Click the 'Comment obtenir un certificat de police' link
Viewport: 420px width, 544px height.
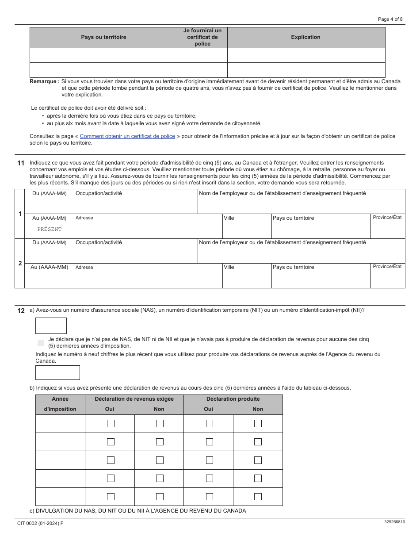pos(127,136)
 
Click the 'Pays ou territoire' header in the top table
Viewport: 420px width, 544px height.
pos(103,37)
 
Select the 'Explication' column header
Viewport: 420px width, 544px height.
pos(305,37)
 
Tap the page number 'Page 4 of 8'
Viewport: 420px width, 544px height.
pos(390,19)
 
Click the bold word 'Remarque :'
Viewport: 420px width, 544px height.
pos(44,81)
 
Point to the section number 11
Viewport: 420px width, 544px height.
pos(21,163)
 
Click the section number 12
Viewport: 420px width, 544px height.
pos(21,310)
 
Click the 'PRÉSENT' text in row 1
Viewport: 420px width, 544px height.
pos(50,229)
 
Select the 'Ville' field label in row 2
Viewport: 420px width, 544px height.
pos(229,267)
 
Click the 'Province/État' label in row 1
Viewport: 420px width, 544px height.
pos(387,217)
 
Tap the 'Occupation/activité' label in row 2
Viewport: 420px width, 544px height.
pos(99,242)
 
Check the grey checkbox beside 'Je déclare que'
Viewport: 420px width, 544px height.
pos(41,342)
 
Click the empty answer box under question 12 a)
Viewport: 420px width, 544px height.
pos(51,326)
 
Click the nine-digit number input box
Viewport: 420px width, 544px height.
pos(57,372)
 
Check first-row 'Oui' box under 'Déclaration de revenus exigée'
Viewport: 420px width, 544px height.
pos(111,424)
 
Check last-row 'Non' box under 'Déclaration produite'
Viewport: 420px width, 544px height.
pos(258,497)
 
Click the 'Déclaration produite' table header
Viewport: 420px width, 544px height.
pos(233,399)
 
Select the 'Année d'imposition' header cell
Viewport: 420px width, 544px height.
pos(60,404)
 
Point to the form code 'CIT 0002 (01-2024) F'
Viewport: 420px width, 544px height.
pos(40,523)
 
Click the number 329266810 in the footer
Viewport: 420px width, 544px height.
pos(394,522)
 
